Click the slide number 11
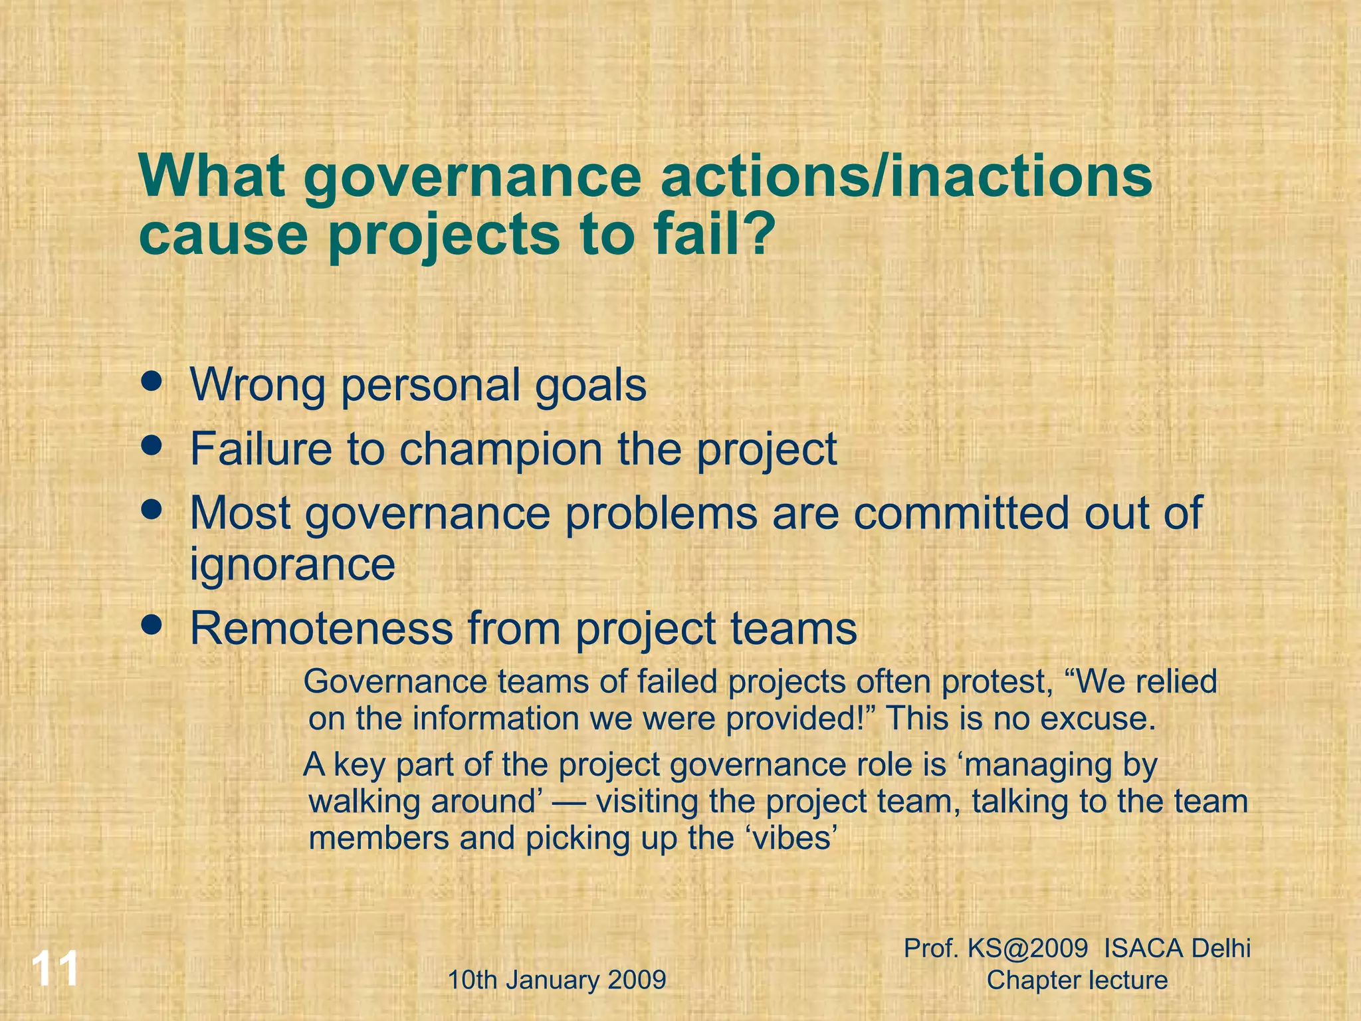(x=56, y=969)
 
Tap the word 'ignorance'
(x=292, y=565)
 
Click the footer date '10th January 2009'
(x=557, y=980)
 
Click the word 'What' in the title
(x=213, y=176)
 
